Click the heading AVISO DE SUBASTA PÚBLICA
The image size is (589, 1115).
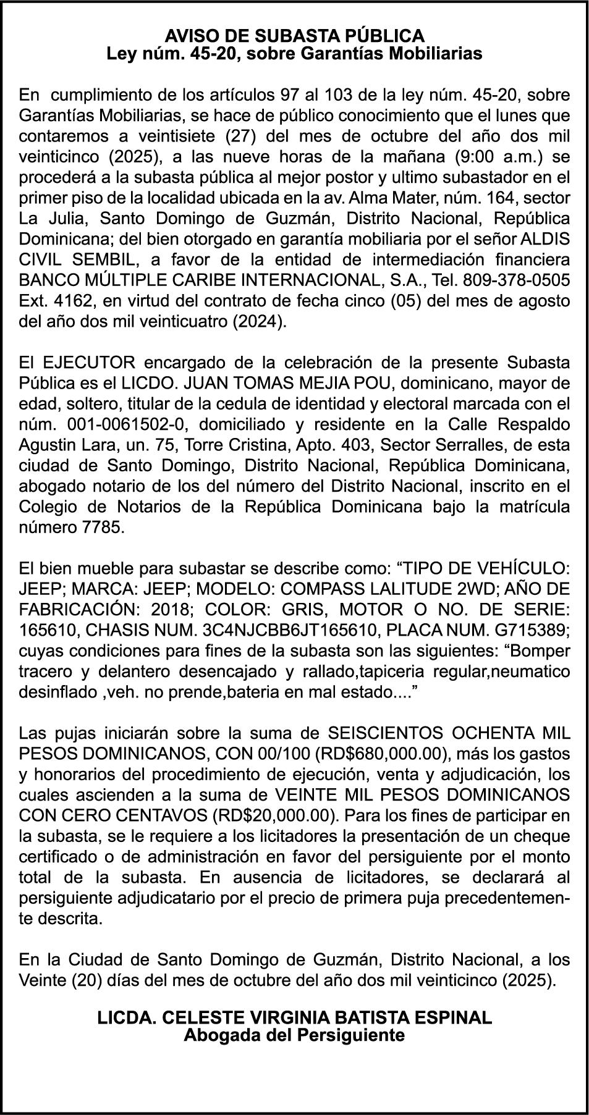pos(294,35)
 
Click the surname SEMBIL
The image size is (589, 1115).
pos(101,259)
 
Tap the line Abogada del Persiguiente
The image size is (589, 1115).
pos(294,1035)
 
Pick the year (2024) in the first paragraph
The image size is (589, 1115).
pos(260,322)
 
